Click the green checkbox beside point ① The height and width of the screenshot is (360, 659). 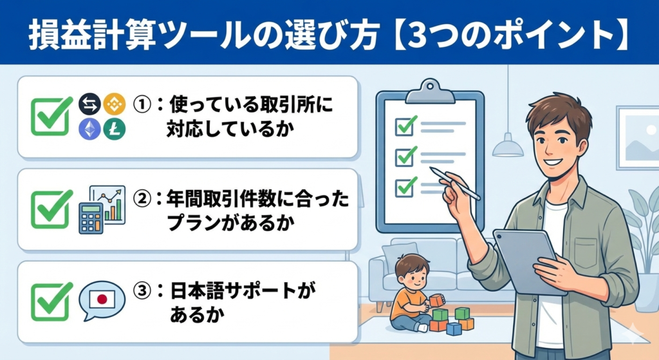[51, 116]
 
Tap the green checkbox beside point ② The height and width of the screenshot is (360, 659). [51, 209]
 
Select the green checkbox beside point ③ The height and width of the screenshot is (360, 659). [51, 300]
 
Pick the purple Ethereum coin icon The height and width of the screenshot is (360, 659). [88, 129]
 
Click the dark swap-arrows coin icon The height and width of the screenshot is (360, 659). [88, 102]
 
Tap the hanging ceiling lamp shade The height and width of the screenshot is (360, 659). [508, 148]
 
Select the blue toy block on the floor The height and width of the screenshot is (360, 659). [454, 328]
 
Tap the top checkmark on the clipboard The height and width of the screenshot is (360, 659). [405, 126]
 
